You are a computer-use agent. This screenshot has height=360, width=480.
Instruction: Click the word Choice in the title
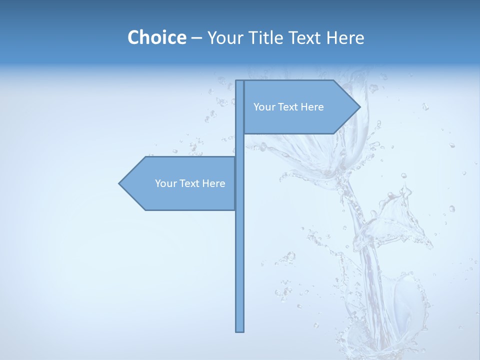coord(156,37)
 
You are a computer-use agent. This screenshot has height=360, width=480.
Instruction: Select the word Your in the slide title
coord(224,37)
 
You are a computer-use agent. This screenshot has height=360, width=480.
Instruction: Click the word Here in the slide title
coord(345,37)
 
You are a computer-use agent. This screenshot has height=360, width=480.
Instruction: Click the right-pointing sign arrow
coord(300,107)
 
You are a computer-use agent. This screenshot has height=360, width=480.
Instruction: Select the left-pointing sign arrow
coord(180,183)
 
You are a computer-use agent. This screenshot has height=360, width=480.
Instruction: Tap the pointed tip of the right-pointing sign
coord(358,107)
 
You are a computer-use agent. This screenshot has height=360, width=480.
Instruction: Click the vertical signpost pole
coord(240,250)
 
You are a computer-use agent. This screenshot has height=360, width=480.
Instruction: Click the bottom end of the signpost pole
coord(240,330)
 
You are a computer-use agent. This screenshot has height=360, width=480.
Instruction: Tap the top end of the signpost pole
coord(240,81)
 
